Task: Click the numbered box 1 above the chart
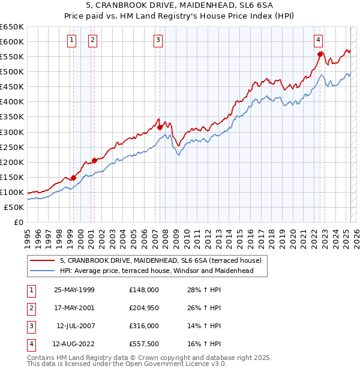[x=71, y=40]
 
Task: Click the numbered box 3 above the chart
[x=158, y=40]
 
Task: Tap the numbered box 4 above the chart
[x=318, y=40]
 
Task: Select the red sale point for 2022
[x=320, y=54]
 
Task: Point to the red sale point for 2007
[x=160, y=127]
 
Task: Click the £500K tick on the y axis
[x=12, y=71]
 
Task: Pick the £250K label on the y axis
[x=12, y=147]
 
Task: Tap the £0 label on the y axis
[x=18, y=222]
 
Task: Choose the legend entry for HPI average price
[x=157, y=271]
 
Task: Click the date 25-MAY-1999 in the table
[x=74, y=290]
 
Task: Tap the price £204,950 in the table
[x=144, y=308]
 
